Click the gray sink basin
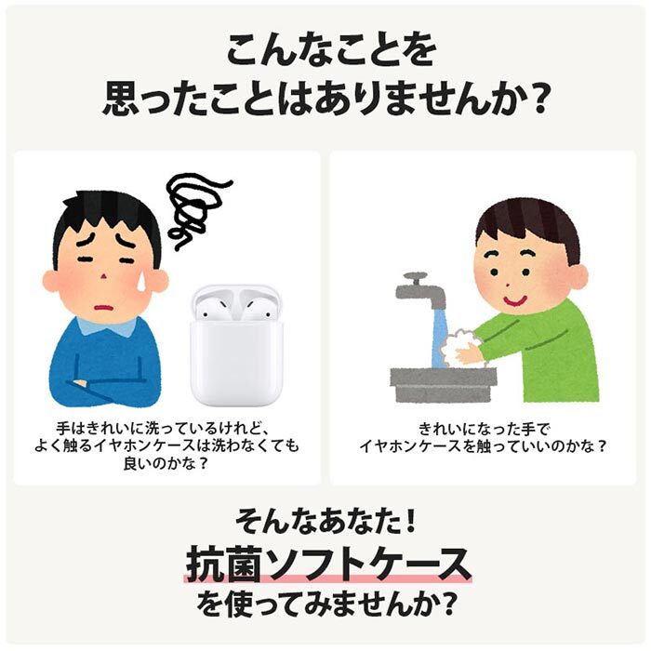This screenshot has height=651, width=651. (x=443, y=383)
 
